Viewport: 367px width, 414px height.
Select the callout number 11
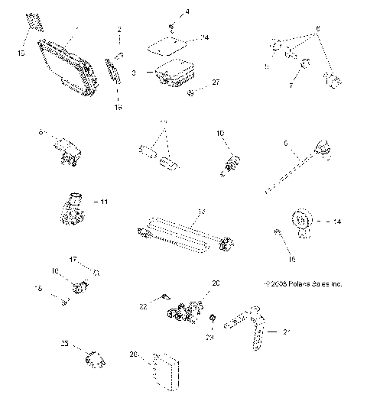tap(104, 201)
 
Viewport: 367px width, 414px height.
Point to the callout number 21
tap(287, 332)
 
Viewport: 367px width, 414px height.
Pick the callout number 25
tap(64, 344)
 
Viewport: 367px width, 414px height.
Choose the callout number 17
tap(73, 259)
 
